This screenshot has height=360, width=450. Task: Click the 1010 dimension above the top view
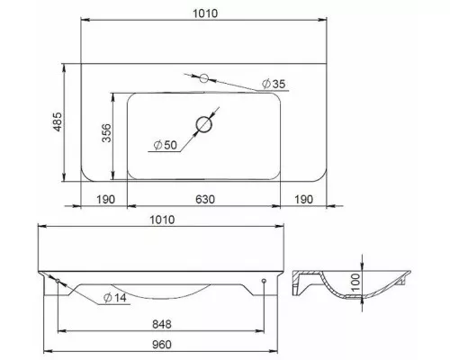pos(205,13)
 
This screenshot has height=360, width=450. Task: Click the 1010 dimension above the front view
pos(162,220)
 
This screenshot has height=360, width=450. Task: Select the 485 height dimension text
pos(57,121)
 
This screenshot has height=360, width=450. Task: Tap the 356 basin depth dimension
pos(106,132)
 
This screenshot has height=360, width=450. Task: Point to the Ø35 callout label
pos(274,84)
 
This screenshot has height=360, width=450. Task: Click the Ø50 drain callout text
pos(166,145)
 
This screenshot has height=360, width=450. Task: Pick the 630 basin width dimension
pos(205,199)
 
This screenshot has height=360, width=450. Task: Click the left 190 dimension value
pos(105,199)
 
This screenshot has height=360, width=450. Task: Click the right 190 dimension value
pos(303,199)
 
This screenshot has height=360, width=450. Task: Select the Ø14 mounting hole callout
pos(115,298)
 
